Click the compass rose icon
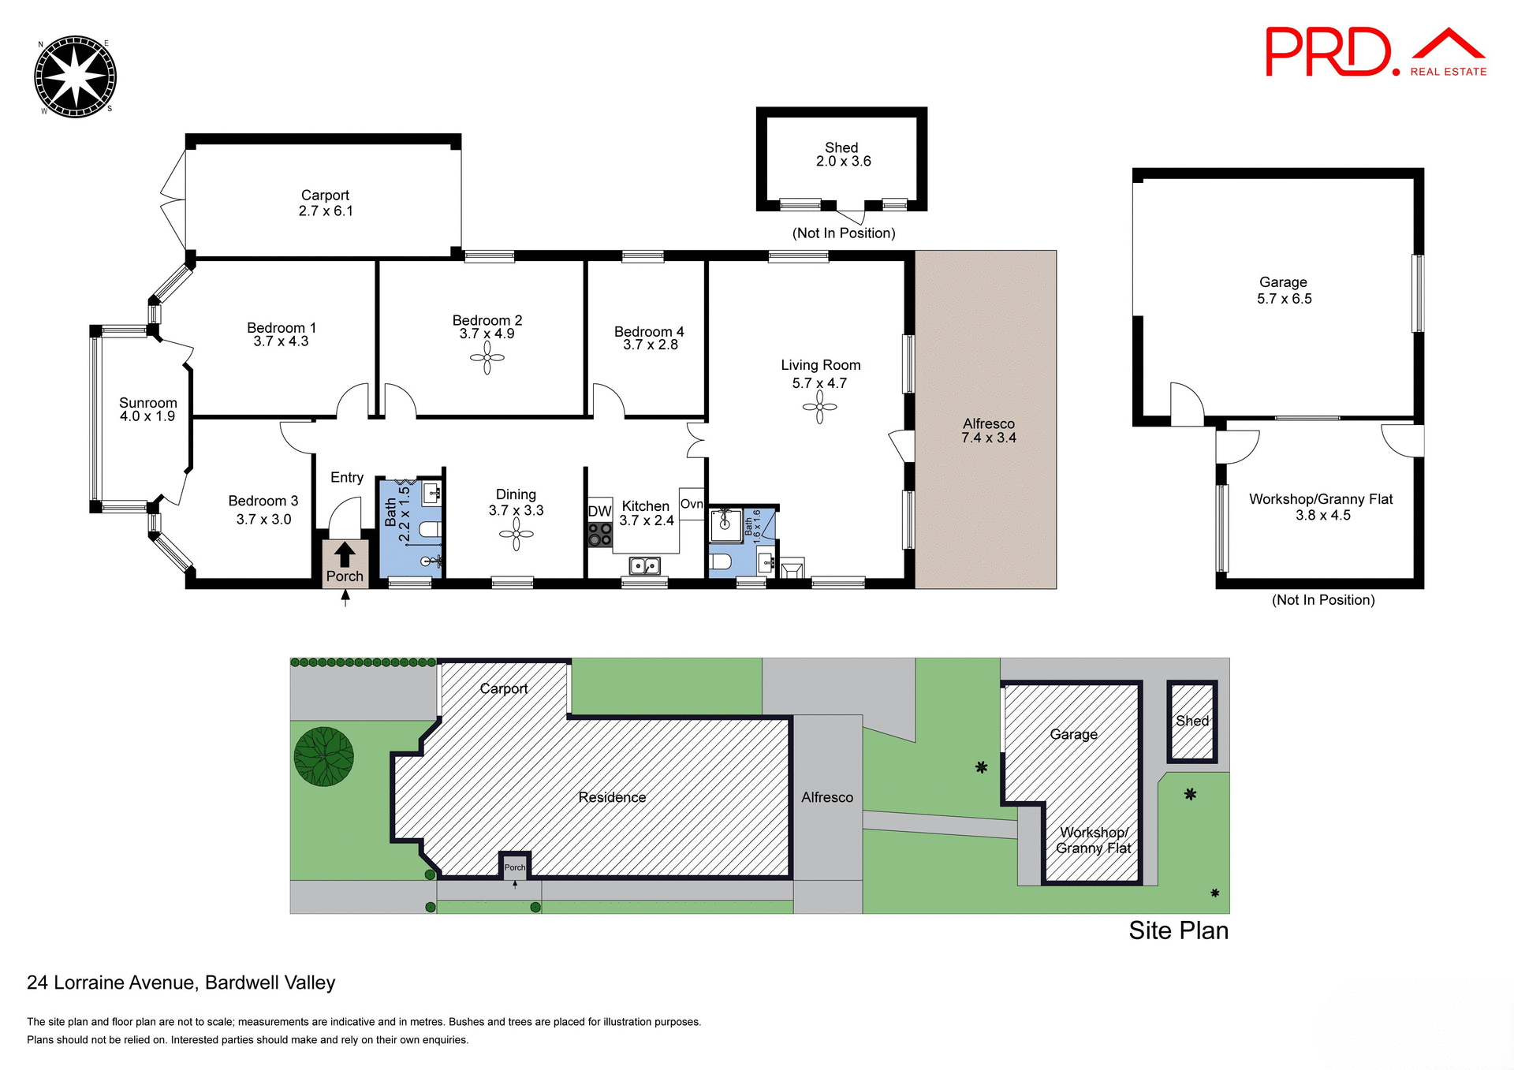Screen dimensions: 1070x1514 pos(76,76)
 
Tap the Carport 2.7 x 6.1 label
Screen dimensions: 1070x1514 pos(325,203)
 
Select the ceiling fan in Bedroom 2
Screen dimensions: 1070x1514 pos(487,358)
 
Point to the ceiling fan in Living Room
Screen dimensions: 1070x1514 pos(819,407)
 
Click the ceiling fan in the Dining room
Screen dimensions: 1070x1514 pos(516,535)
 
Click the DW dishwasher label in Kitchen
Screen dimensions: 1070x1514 pos(599,511)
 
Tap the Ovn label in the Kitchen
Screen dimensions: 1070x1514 pos(692,504)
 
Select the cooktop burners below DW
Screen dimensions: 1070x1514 pos(599,534)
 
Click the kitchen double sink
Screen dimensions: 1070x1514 pos(644,565)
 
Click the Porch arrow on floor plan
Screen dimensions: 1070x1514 pos(345,554)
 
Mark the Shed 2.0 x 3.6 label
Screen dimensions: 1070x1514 pos(842,155)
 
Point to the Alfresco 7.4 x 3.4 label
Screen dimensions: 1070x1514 pos(988,431)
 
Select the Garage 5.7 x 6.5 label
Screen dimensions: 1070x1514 pos(1283,290)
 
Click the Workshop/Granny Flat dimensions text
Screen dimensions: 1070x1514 pos(1322,515)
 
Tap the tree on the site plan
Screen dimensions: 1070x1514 pos(323,756)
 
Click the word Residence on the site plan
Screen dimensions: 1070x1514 pos(612,797)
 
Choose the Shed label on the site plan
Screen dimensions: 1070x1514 pos(1191,721)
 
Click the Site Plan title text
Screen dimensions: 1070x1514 pos(1178,930)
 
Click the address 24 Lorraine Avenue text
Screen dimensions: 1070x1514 pos(181,982)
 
